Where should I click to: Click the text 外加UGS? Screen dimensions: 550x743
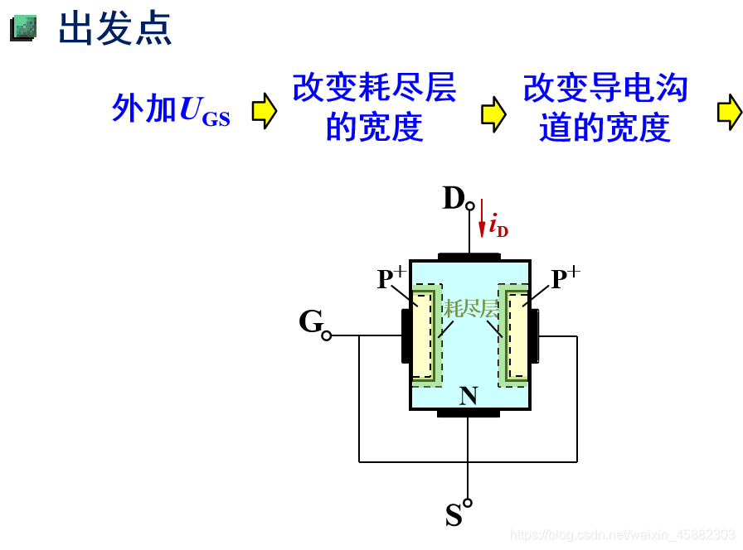pyautogui.click(x=171, y=109)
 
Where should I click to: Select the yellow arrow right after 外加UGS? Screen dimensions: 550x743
pyautogui.click(x=264, y=111)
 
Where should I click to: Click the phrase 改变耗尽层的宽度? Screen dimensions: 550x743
pyautogui.click(x=374, y=108)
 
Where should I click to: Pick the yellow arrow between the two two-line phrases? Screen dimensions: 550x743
pyautogui.click(x=493, y=113)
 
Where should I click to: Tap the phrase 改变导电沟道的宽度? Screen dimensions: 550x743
pyautogui.click(x=605, y=108)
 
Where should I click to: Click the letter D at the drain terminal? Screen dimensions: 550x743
pyautogui.click(x=454, y=199)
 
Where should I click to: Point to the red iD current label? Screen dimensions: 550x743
pyautogui.click(x=498, y=225)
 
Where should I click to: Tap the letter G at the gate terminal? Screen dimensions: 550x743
pyautogui.click(x=310, y=321)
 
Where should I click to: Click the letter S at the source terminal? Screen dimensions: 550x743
pyautogui.click(x=454, y=516)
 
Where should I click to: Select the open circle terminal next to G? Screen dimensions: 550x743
pyautogui.click(x=327, y=335)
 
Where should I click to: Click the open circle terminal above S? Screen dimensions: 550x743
pyautogui.click(x=468, y=503)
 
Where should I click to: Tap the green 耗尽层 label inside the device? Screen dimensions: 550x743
pyautogui.click(x=471, y=310)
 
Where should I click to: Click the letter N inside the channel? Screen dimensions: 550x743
pyautogui.click(x=469, y=396)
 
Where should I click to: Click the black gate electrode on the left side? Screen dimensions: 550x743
pyautogui.click(x=405, y=335)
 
